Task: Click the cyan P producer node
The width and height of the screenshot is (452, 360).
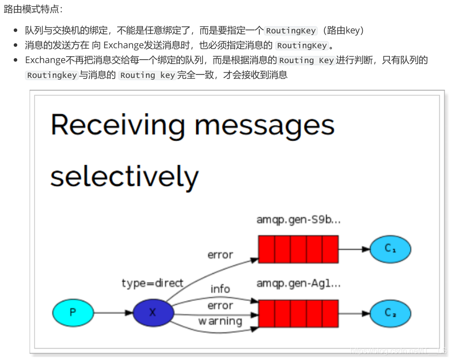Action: click(x=72, y=313)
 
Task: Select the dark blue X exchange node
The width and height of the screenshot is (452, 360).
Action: click(x=153, y=313)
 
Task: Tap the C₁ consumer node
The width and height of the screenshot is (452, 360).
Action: click(x=390, y=249)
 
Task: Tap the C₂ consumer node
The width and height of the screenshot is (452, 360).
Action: click(x=390, y=313)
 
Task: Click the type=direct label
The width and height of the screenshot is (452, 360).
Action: click(x=152, y=283)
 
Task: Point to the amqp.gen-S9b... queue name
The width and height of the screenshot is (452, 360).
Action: click(x=298, y=220)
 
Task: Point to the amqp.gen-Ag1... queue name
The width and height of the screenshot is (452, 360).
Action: click(x=298, y=284)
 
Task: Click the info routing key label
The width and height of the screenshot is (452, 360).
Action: click(x=220, y=289)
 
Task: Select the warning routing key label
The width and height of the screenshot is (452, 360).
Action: click(x=220, y=322)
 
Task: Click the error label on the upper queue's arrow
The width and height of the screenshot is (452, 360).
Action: click(x=220, y=255)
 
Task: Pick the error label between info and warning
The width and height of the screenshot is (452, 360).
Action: click(x=220, y=306)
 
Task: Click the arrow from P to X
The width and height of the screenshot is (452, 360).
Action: click(x=112, y=313)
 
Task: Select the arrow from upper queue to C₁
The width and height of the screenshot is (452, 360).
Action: click(x=354, y=249)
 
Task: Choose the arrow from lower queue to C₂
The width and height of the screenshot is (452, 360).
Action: click(x=354, y=313)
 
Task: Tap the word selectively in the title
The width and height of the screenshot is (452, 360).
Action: click(x=124, y=176)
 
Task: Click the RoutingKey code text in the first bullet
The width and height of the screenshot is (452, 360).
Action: click(x=291, y=31)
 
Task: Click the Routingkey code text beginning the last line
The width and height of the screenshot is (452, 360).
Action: click(x=52, y=75)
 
